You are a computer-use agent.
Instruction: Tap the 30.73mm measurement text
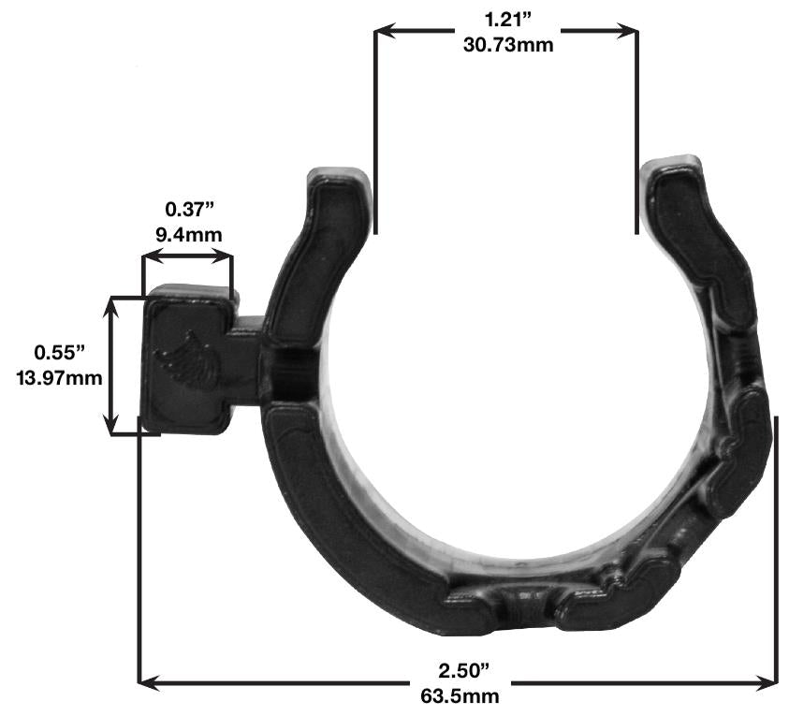[x=506, y=44]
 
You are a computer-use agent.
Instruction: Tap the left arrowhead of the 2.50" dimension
[x=148, y=680]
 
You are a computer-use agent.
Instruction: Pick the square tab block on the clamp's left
[x=187, y=360]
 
